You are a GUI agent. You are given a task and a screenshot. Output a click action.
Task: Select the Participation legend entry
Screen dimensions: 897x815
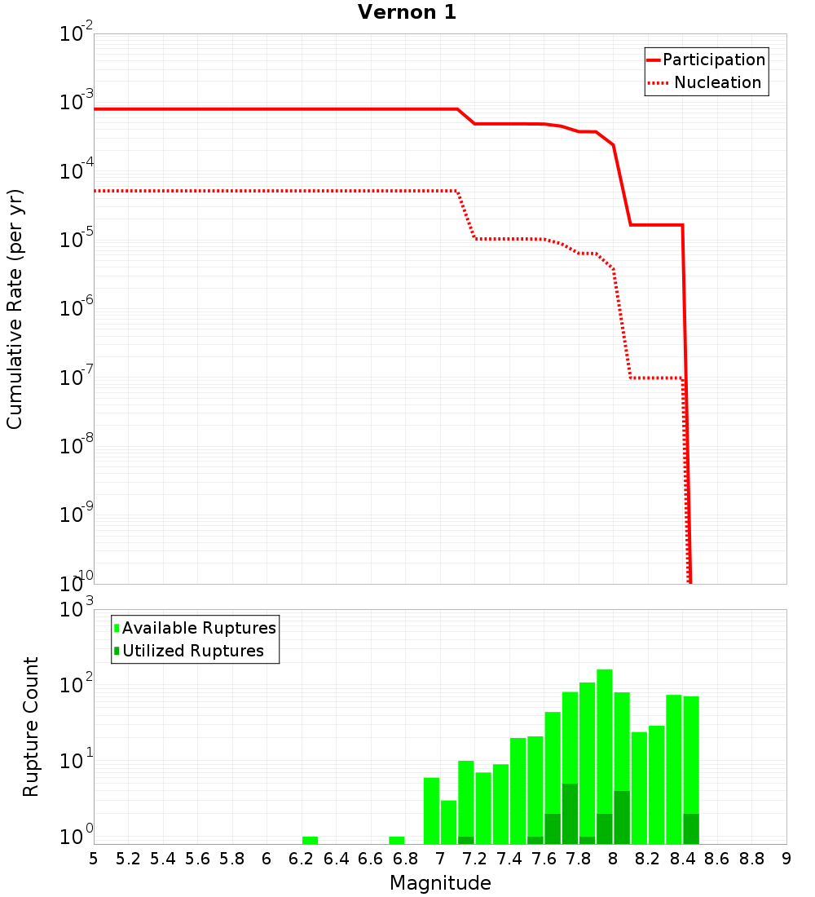(713, 60)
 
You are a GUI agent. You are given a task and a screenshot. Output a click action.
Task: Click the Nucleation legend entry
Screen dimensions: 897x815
(716, 82)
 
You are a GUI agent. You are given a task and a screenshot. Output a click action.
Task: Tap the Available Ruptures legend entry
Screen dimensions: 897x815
(198, 628)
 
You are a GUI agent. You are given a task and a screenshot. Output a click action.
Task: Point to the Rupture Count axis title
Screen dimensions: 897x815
(31, 726)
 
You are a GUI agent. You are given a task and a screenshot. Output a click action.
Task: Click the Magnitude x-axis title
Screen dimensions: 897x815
(440, 883)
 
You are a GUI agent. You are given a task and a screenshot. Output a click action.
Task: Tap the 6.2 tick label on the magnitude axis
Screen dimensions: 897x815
(301, 859)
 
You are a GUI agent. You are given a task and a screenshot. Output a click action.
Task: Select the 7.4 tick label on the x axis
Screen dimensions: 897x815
(509, 859)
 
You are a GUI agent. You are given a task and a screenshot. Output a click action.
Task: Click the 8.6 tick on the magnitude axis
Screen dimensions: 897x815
(717, 859)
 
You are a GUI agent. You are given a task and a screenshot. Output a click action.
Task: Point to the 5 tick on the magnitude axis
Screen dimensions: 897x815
(94, 859)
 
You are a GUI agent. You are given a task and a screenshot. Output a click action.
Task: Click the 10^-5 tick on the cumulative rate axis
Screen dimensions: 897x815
(77, 240)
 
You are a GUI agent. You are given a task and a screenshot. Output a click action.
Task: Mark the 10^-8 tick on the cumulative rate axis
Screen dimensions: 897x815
(77, 446)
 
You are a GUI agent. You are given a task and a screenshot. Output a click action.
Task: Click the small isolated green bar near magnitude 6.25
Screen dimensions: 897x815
(310, 840)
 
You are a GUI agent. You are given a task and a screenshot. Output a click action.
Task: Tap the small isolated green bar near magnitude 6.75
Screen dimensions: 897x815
(397, 840)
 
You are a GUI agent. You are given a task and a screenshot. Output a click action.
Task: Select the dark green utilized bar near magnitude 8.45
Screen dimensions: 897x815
(691, 829)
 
